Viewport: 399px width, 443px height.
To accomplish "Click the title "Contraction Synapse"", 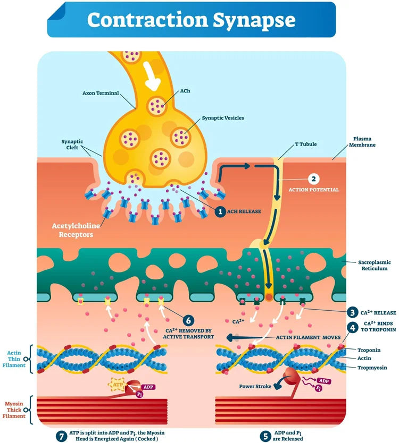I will coord(191,20).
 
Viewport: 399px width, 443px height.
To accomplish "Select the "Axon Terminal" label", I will coord(99,92).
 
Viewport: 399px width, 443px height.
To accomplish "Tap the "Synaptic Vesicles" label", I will coord(223,117).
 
